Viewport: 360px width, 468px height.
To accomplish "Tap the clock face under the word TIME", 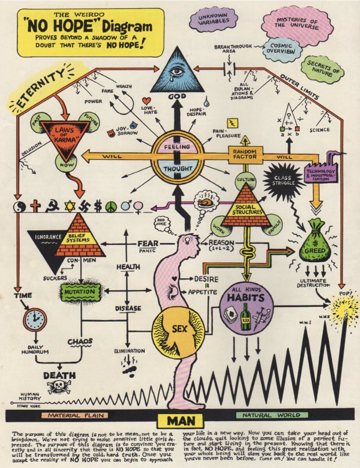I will coord(35,319).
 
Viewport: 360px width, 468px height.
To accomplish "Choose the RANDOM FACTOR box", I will coord(245,154).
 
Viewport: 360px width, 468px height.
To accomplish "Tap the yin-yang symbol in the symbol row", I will coord(19,206).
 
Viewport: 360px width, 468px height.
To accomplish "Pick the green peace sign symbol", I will coord(111,206).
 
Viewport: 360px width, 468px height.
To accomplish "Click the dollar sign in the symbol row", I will coord(98,206).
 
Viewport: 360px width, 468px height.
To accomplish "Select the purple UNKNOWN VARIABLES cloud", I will coord(213,18).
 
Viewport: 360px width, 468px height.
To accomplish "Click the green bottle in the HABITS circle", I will coord(245,316).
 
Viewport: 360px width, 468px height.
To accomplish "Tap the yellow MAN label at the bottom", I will coord(181,421).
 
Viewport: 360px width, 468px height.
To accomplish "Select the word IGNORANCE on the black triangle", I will coord(48,237).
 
